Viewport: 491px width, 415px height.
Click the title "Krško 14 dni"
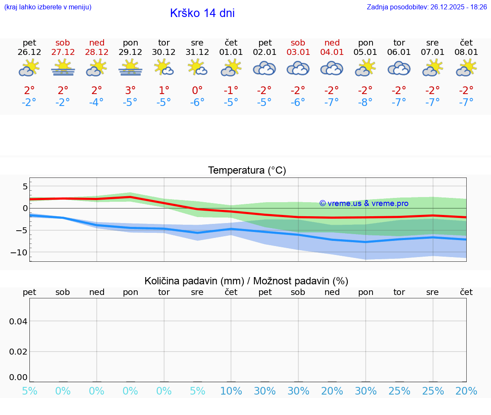pos(202,13)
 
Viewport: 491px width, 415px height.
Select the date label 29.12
pos(130,52)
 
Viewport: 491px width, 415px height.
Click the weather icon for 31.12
pos(197,68)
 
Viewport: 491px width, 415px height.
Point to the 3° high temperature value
pos(130,90)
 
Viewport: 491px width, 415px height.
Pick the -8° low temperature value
pos(366,103)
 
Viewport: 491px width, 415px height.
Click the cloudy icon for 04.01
pos(332,68)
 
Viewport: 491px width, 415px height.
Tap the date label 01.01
pos(231,52)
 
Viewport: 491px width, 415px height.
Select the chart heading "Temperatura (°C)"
pos(247,171)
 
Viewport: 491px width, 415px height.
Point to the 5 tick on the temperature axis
pos(25,186)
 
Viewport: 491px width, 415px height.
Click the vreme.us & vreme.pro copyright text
pos(364,203)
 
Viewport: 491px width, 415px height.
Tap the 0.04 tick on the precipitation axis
pos(18,321)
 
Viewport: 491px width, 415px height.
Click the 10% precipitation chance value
pos(231,391)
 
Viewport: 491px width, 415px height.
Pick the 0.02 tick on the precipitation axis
pos(18,352)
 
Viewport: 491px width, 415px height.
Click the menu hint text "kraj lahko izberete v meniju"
pos(48,7)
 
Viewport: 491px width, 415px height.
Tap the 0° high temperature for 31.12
pos(197,90)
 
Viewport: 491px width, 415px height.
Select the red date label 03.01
pos(298,52)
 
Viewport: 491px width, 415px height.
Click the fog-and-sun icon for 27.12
pos(63,68)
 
